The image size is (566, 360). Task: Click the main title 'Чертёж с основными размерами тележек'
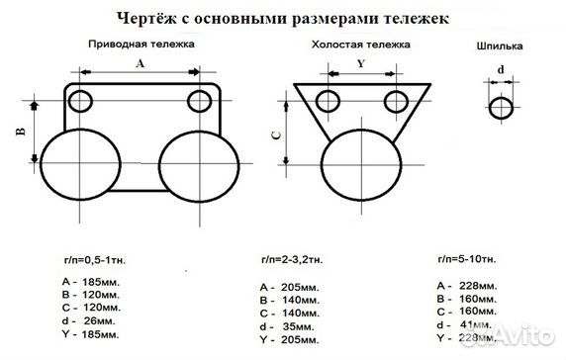pos(282,17)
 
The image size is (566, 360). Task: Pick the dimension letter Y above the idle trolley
pos(361,62)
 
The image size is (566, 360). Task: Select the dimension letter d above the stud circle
pos(502,70)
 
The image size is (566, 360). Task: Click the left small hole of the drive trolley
pos(80,101)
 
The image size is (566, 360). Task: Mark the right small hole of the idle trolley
pos(397,101)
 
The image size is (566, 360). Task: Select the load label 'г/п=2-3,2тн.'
pos(288,259)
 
